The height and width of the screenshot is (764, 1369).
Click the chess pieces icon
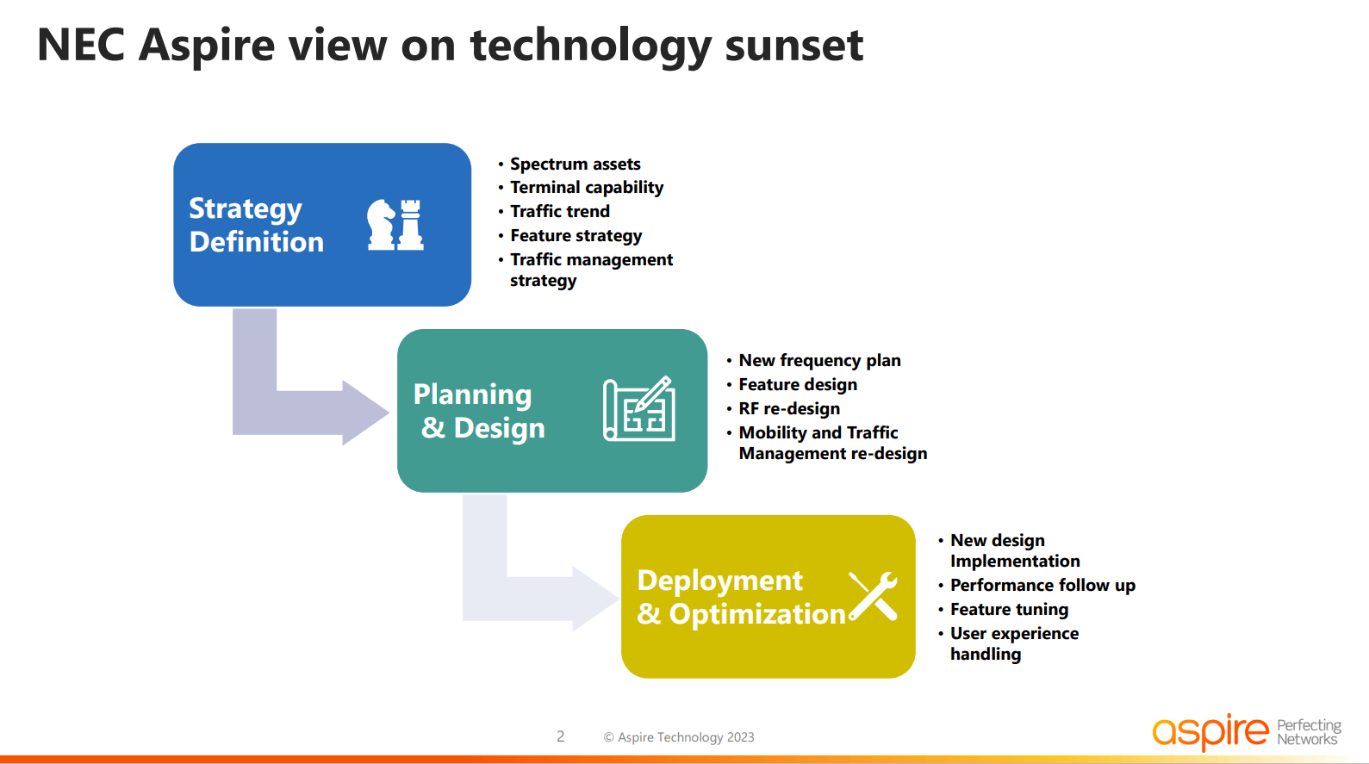click(x=395, y=225)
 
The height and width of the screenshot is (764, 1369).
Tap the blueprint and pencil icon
click(x=639, y=409)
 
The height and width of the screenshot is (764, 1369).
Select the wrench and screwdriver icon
click(x=873, y=596)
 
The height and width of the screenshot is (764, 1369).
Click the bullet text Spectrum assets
click(x=575, y=164)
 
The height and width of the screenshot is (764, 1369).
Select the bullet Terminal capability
click(x=586, y=188)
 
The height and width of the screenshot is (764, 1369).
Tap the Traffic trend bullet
click(x=559, y=212)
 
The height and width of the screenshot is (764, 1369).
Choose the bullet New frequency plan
click(x=819, y=361)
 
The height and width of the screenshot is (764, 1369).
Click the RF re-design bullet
click(x=788, y=409)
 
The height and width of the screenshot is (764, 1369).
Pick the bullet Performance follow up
click(x=1042, y=586)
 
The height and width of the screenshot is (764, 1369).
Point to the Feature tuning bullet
click(x=1009, y=610)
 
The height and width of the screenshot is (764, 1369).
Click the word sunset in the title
click(x=793, y=45)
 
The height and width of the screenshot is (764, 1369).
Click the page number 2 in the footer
click(x=561, y=736)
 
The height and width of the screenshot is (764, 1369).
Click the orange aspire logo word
click(x=1210, y=732)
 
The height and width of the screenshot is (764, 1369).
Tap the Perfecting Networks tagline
click(x=1309, y=732)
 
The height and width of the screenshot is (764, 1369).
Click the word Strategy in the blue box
click(x=246, y=209)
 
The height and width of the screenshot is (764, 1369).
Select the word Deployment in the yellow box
click(x=719, y=581)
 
